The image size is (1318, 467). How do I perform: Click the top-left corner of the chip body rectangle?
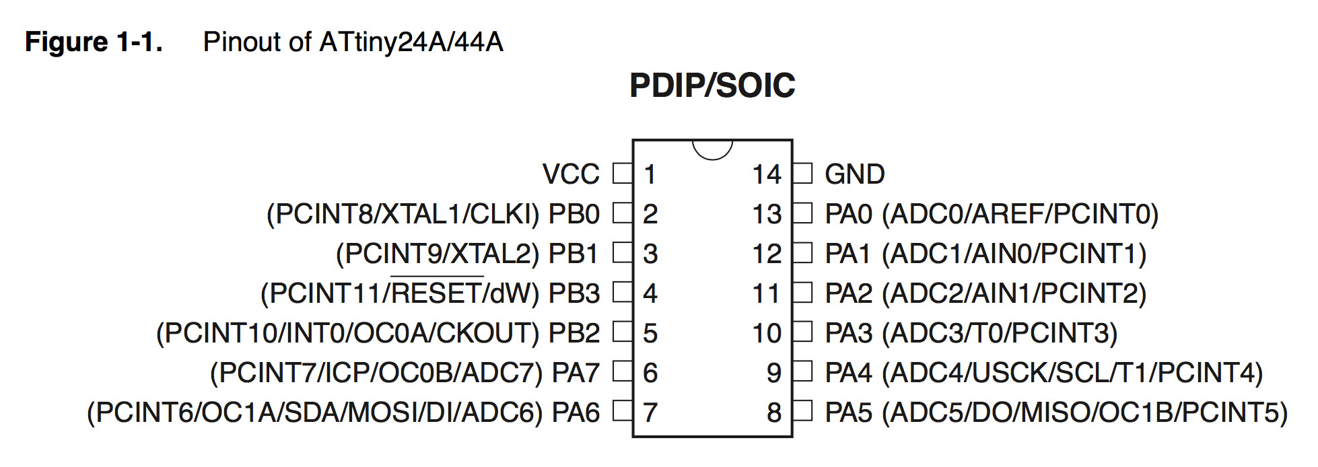(633, 141)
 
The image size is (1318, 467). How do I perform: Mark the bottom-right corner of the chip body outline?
(792, 437)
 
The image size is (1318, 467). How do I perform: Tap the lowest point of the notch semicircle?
(712, 159)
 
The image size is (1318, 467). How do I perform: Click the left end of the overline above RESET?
(391, 276)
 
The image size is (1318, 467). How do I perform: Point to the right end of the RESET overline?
(483, 276)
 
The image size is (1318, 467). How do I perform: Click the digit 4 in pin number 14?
(773, 174)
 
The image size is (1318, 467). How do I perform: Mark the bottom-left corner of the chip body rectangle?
(633, 437)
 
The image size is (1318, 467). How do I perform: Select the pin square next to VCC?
(623, 174)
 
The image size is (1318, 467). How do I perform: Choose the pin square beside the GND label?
(802, 174)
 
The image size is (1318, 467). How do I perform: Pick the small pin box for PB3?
(623, 293)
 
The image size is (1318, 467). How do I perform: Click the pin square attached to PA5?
(802, 411)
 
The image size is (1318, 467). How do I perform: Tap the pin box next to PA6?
(623, 411)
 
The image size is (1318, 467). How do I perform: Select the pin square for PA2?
(802, 293)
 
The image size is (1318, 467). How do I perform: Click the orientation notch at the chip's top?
(712, 150)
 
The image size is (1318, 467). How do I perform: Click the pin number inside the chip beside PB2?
(650, 333)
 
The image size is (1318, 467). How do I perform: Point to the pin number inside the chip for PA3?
(767, 333)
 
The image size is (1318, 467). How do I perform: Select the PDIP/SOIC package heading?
(712, 85)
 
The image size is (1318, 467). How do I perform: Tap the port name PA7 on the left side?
(576, 373)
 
